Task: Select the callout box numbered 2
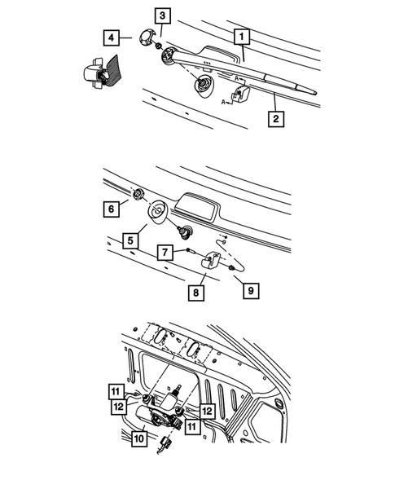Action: point(277,119)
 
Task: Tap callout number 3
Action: point(163,15)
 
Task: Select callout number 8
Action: point(195,290)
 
